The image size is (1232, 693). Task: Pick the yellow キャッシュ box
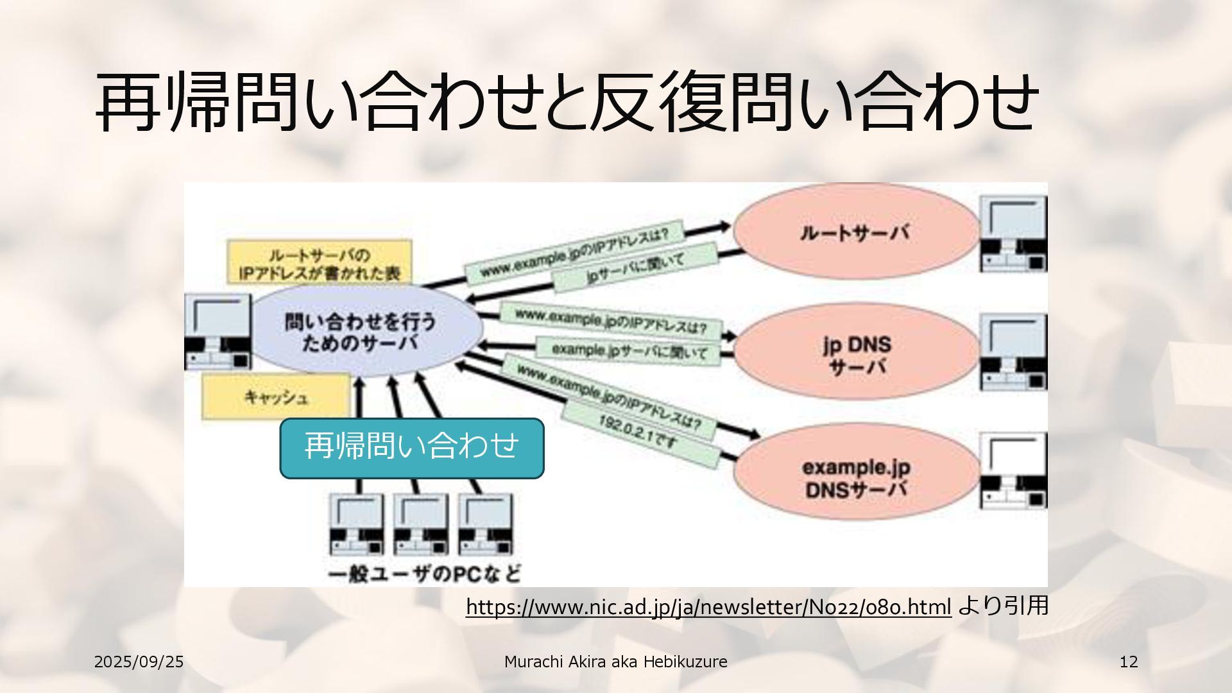pyautogui.click(x=276, y=397)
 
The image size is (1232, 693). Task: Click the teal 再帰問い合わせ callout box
pyautogui.click(x=412, y=447)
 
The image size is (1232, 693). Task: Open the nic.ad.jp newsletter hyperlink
pyautogui.click(x=708, y=606)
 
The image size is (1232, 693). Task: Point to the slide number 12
pyautogui.click(x=1128, y=662)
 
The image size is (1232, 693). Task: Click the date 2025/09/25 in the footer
pyautogui.click(x=139, y=662)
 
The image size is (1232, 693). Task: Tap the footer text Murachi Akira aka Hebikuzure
pyautogui.click(x=615, y=662)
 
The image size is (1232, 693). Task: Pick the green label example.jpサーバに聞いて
pyautogui.click(x=629, y=351)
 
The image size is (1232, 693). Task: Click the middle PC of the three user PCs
pyautogui.click(x=421, y=524)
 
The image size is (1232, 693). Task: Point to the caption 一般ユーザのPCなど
pyautogui.click(x=424, y=573)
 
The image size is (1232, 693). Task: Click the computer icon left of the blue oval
pyautogui.click(x=217, y=332)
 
